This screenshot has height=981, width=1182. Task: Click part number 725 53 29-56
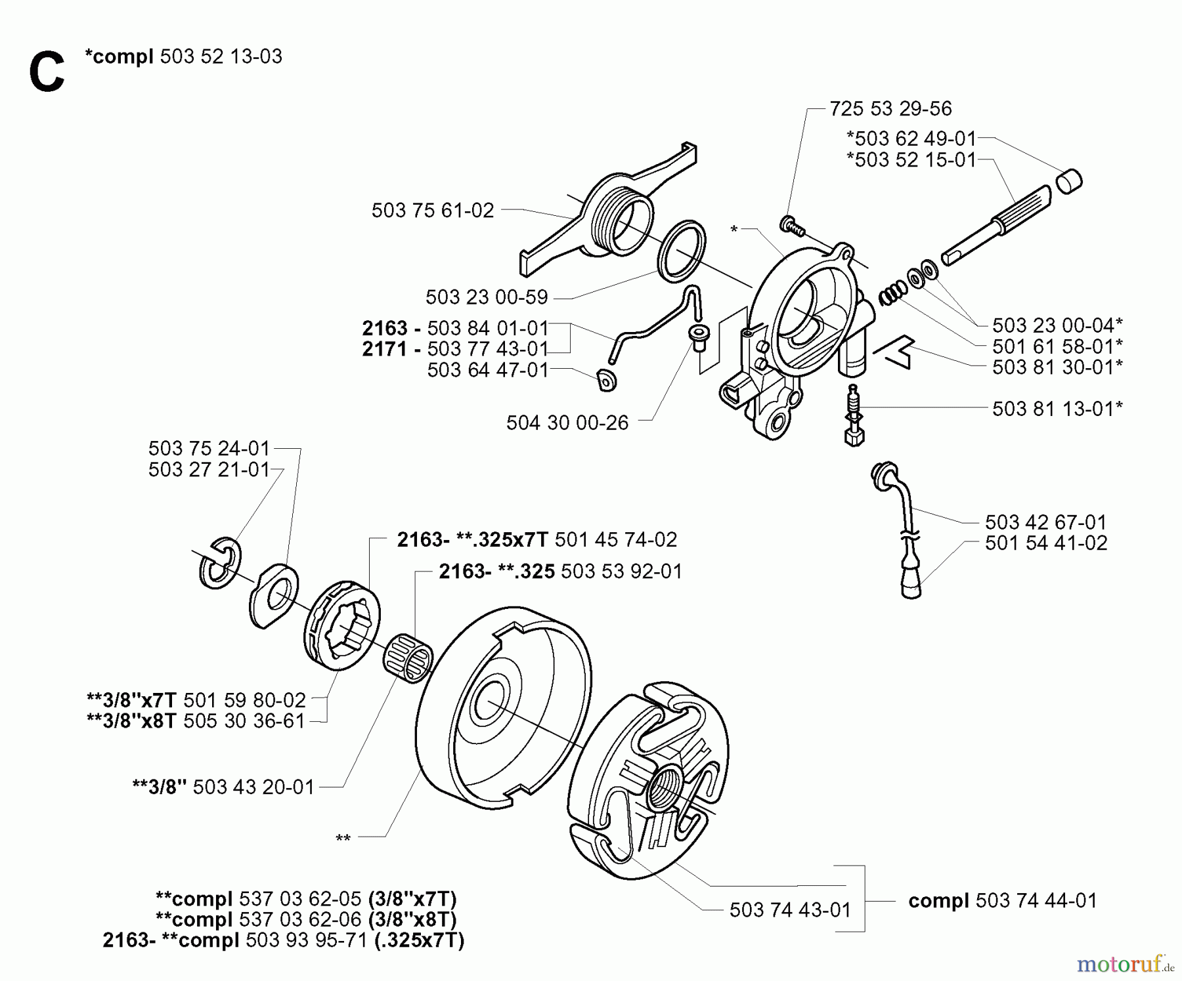890,108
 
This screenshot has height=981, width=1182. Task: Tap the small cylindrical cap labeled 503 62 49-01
1069,181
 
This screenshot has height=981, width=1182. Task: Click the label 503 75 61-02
432,210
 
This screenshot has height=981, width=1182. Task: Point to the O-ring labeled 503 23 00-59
682,251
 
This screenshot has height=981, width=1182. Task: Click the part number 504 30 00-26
567,423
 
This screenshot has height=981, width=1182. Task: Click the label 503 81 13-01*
1057,409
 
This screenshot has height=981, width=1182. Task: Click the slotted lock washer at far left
220,563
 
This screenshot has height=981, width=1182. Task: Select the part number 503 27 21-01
209,470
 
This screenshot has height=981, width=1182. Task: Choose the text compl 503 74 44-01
1002,900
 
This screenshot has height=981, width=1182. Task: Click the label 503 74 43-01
790,909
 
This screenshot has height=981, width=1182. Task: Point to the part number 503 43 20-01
253,787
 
